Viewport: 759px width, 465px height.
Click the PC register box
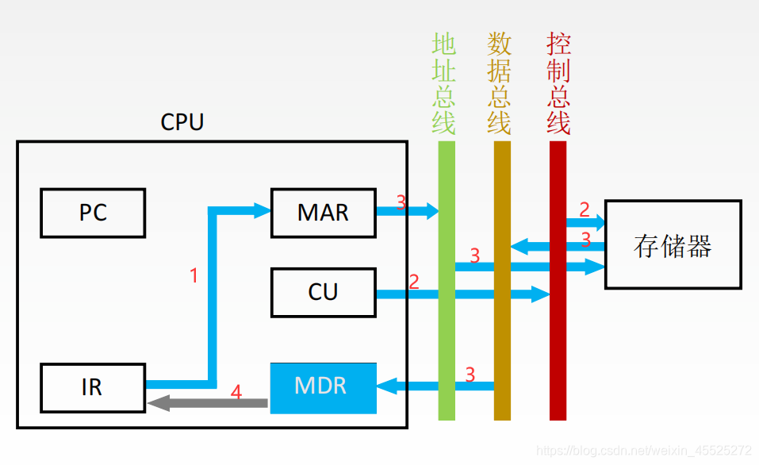(93, 213)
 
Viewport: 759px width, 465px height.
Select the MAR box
(323, 213)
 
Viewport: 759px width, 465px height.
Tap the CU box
(323, 292)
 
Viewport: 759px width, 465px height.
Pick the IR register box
(93, 387)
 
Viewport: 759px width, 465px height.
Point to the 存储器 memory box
(673, 244)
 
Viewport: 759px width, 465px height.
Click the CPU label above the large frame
(182, 123)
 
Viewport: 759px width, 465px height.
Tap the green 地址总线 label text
(444, 83)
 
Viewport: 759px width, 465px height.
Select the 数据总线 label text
(499, 83)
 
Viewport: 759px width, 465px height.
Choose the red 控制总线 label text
(558, 83)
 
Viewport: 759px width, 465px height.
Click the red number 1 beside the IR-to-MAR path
(194, 276)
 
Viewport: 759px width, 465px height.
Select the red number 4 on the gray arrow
(236, 391)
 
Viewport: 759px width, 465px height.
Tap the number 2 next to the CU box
(413, 281)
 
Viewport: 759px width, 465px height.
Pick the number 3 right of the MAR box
(401, 202)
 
